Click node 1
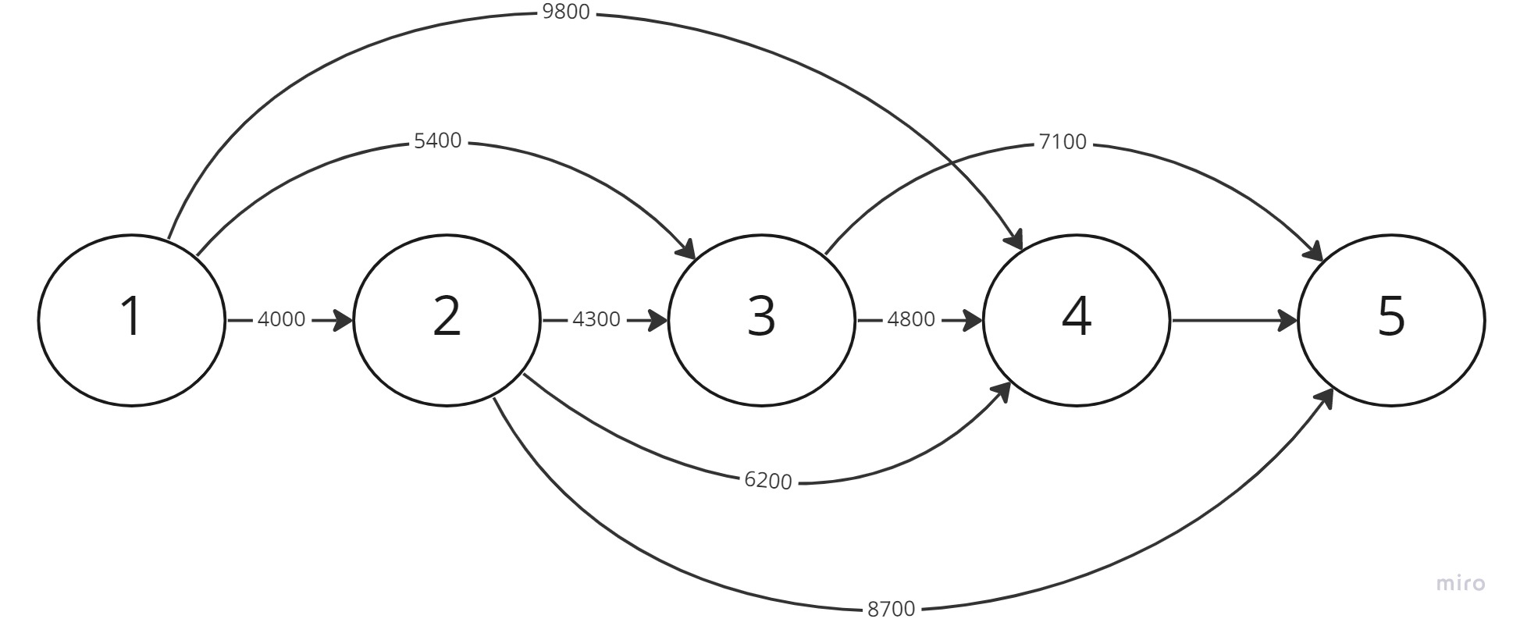tap(131, 319)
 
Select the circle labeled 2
tap(447, 319)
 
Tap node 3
tap(761, 319)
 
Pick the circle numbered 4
tap(1077, 319)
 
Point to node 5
tap(1391, 319)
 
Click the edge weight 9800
tap(565, 13)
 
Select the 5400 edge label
tap(437, 141)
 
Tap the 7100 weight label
tap(1063, 143)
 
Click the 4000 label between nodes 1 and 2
tap(281, 320)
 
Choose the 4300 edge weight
tap(596, 320)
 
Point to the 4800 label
tap(911, 320)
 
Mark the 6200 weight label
tap(768, 481)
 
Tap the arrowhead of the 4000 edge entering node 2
tap(344, 320)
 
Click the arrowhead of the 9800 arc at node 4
tap(1016, 240)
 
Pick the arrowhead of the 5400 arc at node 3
tap(686, 251)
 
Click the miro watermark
tap(1461, 583)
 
